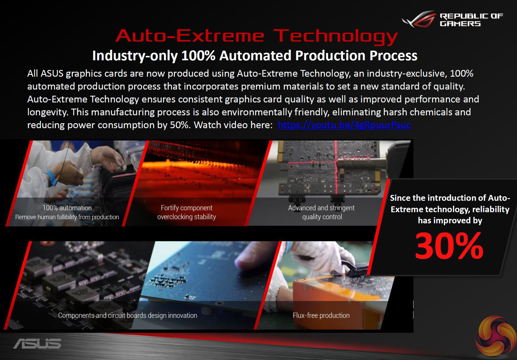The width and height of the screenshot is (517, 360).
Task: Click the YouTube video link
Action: coord(344,125)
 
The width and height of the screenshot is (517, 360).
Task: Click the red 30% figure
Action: coord(449,246)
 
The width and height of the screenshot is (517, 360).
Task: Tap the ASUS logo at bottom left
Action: coord(37,343)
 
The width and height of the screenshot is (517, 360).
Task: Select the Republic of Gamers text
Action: coord(471,20)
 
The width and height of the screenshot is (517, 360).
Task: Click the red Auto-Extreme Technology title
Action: coord(257,36)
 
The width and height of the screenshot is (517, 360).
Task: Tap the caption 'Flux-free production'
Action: coord(321,315)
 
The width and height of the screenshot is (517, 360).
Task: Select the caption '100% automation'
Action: coord(67,208)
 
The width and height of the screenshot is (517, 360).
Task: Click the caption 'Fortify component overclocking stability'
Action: coord(187,212)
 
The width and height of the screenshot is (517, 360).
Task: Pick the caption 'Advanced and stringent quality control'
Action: coord(321,212)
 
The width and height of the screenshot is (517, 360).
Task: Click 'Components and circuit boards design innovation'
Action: coord(127,315)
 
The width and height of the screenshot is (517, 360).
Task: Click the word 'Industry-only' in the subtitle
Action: coord(135,56)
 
